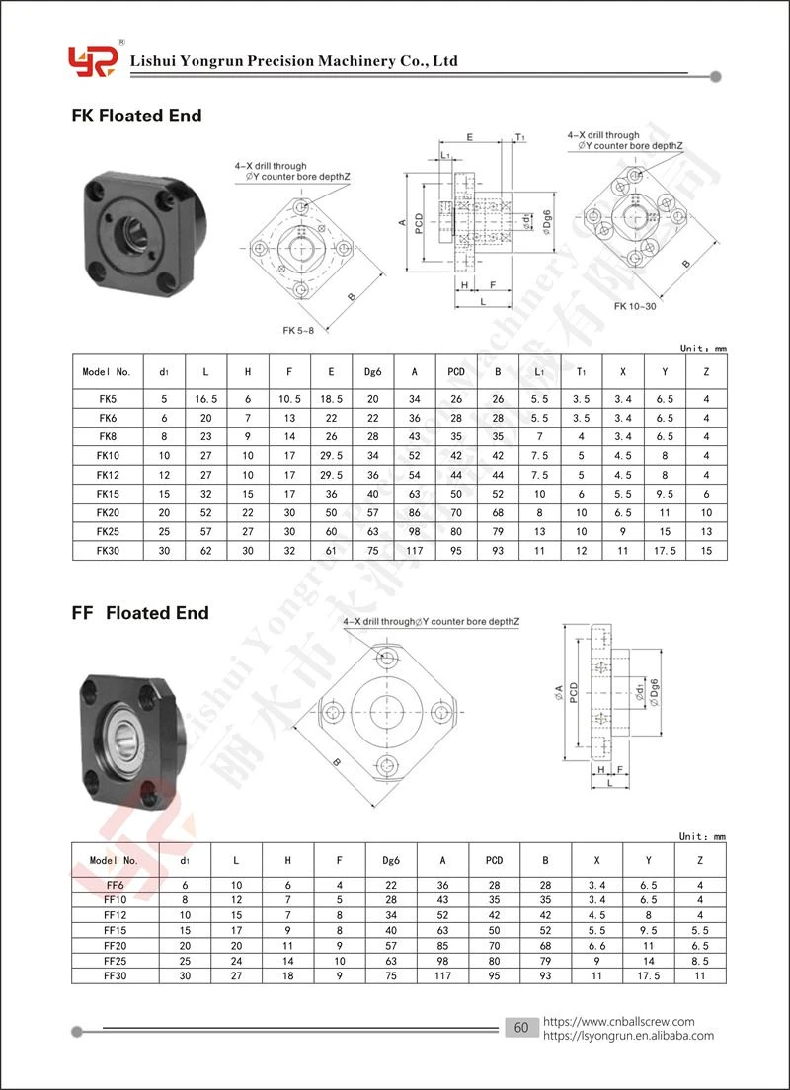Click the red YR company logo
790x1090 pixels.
click(x=91, y=61)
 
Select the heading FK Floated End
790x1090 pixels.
click(x=137, y=116)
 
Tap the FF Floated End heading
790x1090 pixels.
click(x=140, y=613)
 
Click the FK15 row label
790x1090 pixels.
click(x=107, y=495)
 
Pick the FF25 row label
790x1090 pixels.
click(x=115, y=960)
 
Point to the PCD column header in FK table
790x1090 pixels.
click(x=456, y=372)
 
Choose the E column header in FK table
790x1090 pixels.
click(x=331, y=372)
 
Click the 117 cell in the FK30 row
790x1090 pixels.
click(x=415, y=551)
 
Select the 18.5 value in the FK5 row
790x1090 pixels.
click(x=331, y=399)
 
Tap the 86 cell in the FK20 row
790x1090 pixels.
click(x=415, y=513)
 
